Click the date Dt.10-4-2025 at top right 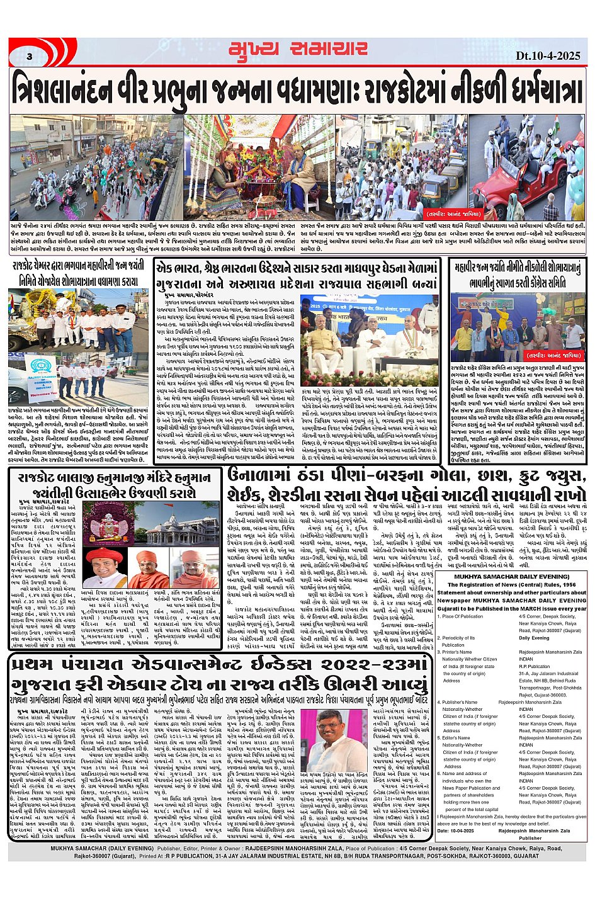coord(547,55)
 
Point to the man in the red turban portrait coord(104,567)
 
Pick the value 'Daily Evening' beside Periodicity coord(535,638)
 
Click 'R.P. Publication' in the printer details coord(535,666)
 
